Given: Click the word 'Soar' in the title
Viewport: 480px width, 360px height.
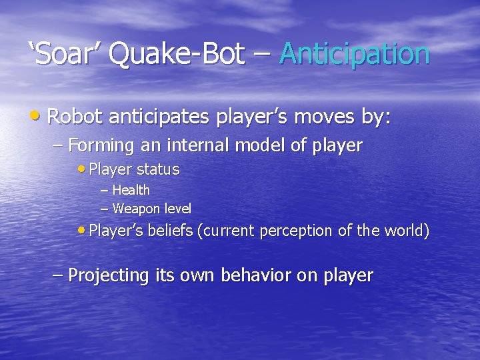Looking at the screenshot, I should [x=65, y=54].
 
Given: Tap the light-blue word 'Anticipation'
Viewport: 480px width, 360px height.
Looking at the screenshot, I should [x=355, y=54].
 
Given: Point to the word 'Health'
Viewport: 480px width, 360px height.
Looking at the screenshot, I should [x=131, y=190].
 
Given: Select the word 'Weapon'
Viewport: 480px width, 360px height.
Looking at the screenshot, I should [x=133, y=209].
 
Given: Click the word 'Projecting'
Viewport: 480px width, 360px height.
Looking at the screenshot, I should [x=109, y=275].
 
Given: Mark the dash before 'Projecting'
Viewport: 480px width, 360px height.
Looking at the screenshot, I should [x=58, y=274].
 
